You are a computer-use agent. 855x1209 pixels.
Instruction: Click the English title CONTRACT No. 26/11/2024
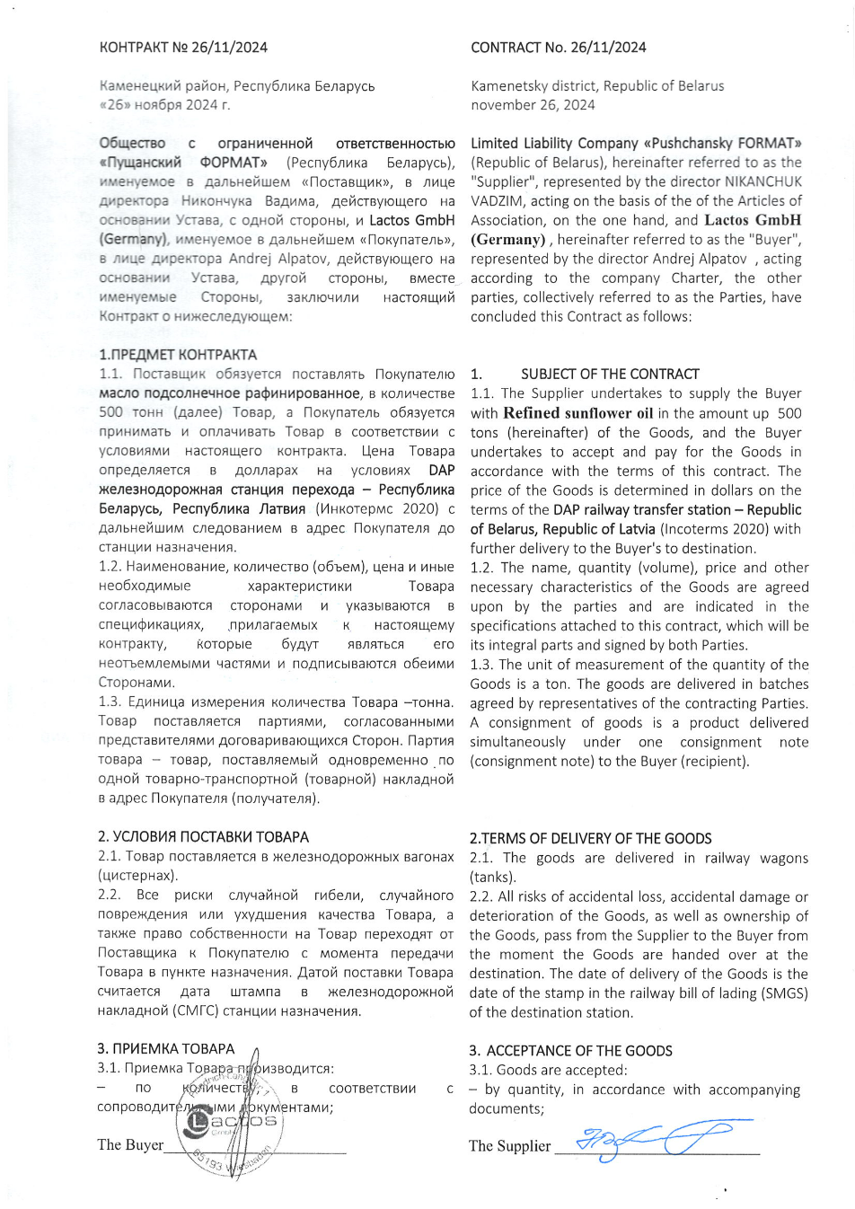(558, 48)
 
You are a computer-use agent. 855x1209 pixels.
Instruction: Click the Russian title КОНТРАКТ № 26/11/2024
(183, 48)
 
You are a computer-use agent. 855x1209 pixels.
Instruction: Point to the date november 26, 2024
(533, 105)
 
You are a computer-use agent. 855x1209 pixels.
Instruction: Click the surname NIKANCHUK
(763, 181)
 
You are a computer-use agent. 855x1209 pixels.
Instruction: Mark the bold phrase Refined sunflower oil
(577, 413)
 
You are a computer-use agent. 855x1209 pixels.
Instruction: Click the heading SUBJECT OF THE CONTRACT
(610, 375)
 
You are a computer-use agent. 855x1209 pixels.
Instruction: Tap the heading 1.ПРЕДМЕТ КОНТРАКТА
(178, 355)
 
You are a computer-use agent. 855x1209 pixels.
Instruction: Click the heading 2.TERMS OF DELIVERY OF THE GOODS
(590, 839)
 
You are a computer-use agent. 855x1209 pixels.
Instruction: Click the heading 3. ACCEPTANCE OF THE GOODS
(570, 1051)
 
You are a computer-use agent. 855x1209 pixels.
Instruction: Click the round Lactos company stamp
(230, 1125)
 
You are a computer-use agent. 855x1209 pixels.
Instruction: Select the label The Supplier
(509, 1146)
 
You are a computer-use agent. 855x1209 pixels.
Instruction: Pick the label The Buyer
(130, 1145)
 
